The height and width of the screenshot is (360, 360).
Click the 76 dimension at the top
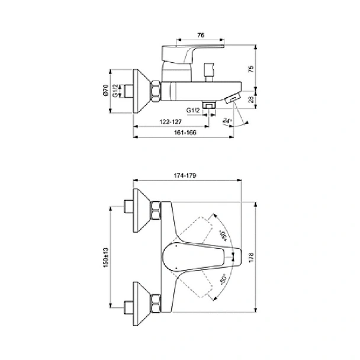[x=201, y=35]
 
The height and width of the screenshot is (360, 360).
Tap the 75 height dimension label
[x=251, y=69]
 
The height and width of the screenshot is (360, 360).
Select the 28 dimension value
[x=252, y=99]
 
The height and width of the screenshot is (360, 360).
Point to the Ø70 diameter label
[x=105, y=90]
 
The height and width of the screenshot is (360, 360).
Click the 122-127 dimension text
[x=171, y=122]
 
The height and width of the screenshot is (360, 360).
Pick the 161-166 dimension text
[x=185, y=133]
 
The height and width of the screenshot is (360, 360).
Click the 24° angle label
[x=227, y=121]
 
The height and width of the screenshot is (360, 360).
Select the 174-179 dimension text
[x=185, y=176]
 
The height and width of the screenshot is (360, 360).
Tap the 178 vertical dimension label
[x=251, y=258]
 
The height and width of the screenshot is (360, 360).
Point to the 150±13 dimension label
[x=105, y=258]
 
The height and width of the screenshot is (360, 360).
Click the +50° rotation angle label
[x=223, y=236]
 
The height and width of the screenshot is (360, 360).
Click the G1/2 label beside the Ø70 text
[x=115, y=91]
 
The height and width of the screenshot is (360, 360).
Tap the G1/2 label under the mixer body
[x=193, y=111]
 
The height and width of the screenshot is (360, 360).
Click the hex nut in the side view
[x=156, y=91]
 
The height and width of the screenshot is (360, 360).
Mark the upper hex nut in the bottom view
[x=156, y=210]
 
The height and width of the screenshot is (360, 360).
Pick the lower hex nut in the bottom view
[x=156, y=304]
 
